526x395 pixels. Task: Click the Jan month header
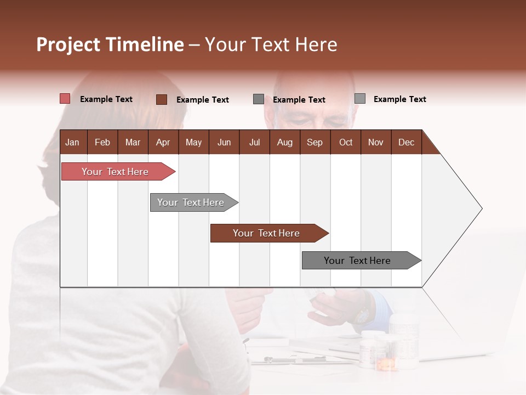point(72,143)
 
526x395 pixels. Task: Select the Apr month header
point(163,143)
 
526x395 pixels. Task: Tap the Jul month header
point(254,143)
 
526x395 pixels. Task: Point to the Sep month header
point(315,143)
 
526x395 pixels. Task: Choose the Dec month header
point(406,143)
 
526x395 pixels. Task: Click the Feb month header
point(102,143)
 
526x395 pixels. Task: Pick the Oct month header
point(346,143)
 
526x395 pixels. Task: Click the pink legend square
point(65,99)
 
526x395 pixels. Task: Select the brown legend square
point(162,99)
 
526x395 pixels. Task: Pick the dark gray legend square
point(259,99)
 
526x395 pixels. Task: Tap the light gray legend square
point(360,99)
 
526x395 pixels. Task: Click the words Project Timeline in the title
point(110,44)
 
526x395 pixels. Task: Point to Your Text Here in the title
point(271,44)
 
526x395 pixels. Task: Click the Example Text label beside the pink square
point(106,99)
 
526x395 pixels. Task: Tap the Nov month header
point(376,143)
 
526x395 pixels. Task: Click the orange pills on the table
point(387,364)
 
